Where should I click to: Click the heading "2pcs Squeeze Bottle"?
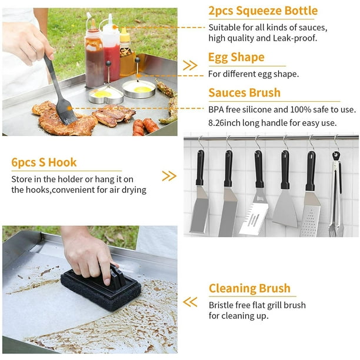263,11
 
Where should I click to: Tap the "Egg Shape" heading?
236,58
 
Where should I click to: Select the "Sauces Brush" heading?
245,93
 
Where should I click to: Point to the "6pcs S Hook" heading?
44,162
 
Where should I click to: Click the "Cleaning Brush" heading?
249,288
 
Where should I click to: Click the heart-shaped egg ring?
106,95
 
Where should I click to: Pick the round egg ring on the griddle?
139,89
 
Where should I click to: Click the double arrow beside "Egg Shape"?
190,66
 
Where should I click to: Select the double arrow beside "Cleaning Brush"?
190,302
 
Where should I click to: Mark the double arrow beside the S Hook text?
169,176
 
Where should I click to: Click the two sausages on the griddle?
145,126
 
